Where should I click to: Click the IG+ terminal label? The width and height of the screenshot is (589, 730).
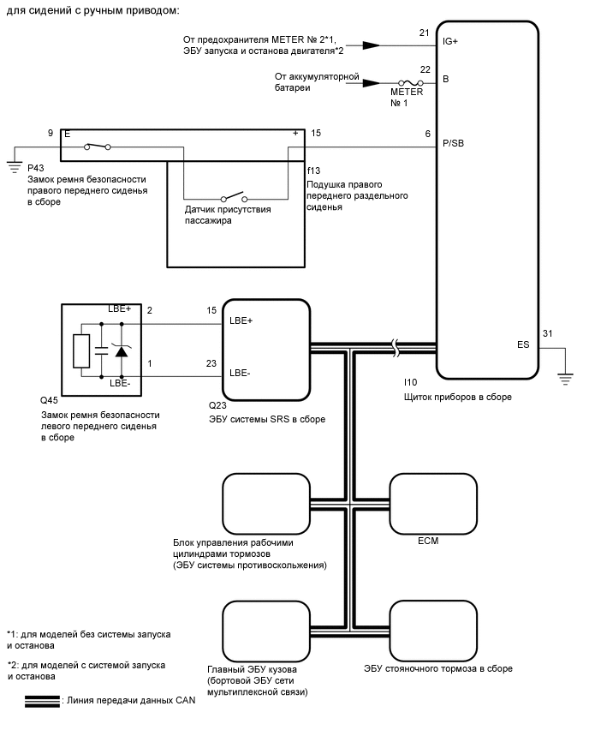tap(450, 41)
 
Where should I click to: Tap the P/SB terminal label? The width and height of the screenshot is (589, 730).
tap(453, 143)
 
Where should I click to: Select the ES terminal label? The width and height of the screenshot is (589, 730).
tap(523, 344)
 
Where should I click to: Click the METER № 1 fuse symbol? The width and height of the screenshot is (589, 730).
tap(410, 83)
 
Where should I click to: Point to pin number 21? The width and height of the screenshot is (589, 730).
tap(424, 33)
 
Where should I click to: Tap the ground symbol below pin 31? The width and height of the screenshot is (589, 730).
tap(565, 379)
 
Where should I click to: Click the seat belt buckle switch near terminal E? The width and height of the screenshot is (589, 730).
tap(98, 147)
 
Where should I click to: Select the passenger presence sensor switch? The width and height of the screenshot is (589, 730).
tap(234, 196)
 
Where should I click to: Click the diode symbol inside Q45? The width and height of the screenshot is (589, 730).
tap(122, 350)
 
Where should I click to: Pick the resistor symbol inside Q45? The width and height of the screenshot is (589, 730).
tap(81, 350)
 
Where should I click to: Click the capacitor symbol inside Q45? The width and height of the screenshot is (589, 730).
tap(101, 350)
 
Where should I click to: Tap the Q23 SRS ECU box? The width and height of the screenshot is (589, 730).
tap(266, 350)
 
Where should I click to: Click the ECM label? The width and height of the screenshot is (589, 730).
tap(428, 541)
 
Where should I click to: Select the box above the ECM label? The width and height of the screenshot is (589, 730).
tap(433, 504)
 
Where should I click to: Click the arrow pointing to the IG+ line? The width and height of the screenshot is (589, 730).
tap(371, 45)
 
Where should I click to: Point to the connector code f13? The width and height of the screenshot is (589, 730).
tap(313, 171)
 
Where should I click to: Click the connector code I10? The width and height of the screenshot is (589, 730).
tap(410, 382)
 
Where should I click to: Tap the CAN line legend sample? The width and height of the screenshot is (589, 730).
tap(42, 702)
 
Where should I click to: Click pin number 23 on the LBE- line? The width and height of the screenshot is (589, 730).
tap(211, 363)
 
